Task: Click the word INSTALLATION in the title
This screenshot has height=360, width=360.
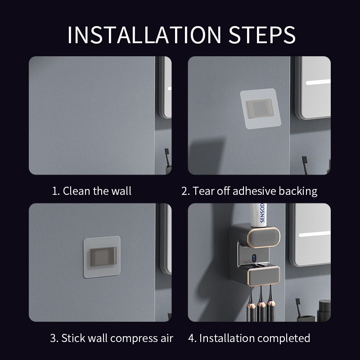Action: pyautogui.click(x=144, y=35)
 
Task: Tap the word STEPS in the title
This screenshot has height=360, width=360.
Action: pyautogui.click(x=262, y=35)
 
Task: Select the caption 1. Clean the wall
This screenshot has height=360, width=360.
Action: pyautogui.click(x=92, y=191)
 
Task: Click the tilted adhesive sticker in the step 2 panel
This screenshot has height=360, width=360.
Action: pyautogui.click(x=261, y=108)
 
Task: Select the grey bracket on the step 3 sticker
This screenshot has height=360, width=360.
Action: pyautogui.click(x=103, y=256)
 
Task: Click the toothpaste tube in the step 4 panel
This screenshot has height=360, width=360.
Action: pyautogui.click(x=258, y=215)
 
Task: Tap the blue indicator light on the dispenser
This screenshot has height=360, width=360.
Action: pyautogui.click(x=254, y=258)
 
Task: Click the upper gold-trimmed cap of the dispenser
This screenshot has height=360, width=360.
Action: pyautogui.click(x=264, y=238)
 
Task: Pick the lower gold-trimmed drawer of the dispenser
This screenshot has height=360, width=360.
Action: pyautogui.click(x=264, y=276)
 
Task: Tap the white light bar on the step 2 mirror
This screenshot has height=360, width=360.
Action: pyautogui.click(x=318, y=82)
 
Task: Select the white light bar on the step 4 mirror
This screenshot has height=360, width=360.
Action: pyautogui.click(x=315, y=234)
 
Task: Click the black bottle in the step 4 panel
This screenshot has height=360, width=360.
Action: pyautogui.click(x=324, y=310)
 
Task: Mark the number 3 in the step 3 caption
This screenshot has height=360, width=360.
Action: pyautogui.click(x=53, y=338)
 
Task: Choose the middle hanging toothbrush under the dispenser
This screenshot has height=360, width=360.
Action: pyautogui.click(x=261, y=303)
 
